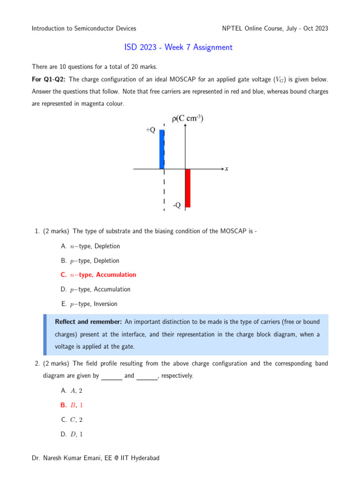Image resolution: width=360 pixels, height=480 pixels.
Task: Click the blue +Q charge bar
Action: tap(162, 149)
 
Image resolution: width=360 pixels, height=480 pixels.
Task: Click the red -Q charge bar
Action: tap(187, 188)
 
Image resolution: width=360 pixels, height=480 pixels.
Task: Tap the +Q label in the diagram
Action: tap(150, 130)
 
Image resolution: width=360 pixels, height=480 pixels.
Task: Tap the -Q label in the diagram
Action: tap(176, 205)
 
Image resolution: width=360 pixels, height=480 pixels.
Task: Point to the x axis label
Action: tap(226, 168)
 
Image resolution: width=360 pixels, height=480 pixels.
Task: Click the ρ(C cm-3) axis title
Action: tap(187, 119)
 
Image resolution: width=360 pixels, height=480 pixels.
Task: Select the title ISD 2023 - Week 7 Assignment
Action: tap(178, 47)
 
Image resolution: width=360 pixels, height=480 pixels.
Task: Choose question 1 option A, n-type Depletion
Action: tap(90, 246)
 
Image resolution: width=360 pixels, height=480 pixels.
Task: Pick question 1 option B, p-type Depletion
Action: tap(90, 261)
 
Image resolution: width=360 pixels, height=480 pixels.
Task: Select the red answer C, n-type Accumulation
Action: tap(98, 275)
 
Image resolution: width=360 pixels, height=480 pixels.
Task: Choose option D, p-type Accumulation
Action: tap(96, 289)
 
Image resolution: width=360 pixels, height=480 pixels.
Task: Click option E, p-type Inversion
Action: tap(89, 304)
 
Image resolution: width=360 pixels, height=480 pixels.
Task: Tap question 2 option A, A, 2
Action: tap(72, 390)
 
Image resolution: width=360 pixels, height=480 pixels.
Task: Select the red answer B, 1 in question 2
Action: tap(72, 405)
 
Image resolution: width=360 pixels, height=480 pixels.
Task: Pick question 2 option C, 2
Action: tap(72, 420)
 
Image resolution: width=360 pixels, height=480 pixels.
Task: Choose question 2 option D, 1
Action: tap(72, 434)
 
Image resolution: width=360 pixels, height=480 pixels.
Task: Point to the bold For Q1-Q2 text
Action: tap(49, 80)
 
